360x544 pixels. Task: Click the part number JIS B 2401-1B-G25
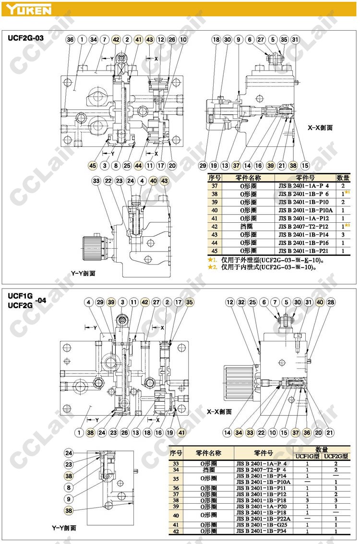point(264,525)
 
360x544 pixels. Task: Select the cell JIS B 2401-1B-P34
point(264,531)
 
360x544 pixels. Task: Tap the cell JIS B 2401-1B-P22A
point(264,519)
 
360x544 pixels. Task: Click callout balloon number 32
point(241,302)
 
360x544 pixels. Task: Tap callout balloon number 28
point(331,302)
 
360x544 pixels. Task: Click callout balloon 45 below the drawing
point(93,166)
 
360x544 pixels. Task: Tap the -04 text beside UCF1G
point(41,301)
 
